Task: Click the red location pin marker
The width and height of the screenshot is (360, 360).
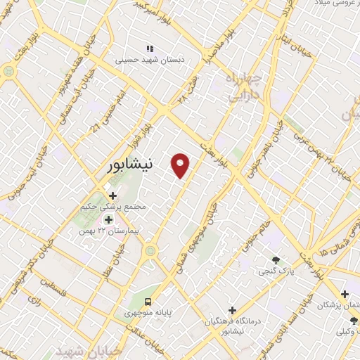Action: tap(181, 165)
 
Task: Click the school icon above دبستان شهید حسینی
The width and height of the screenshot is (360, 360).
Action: tap(149, 49)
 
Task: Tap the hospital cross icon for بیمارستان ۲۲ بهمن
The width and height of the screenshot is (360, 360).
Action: tap(108, 219)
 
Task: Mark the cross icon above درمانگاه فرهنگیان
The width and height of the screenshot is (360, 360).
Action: tap(232, 309)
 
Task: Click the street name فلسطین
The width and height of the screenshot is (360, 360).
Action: tap(52, 286)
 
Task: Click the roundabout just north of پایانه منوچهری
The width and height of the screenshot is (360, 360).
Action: tap(149, 250)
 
